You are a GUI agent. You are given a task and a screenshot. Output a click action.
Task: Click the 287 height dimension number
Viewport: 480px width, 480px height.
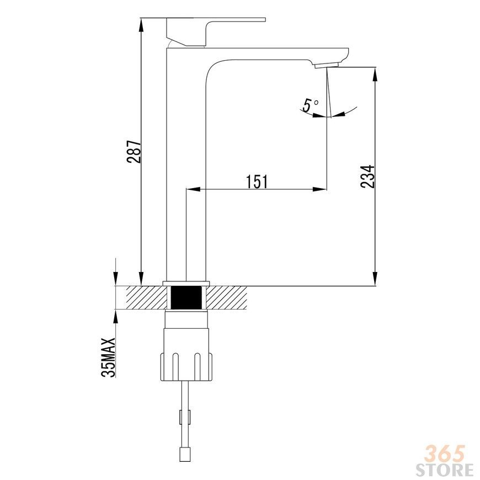point(134,152)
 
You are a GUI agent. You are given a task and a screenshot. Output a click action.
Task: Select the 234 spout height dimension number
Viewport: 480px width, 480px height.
point(367,177)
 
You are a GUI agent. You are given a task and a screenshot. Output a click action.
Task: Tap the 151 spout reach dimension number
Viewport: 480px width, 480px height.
point(257,182)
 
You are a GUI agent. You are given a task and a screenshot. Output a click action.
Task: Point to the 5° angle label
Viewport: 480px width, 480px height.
point(311,105)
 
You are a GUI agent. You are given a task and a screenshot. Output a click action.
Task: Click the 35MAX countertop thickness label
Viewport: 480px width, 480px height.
point(109,358)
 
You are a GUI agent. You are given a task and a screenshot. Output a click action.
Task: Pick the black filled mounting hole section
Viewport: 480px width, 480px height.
point(186,297)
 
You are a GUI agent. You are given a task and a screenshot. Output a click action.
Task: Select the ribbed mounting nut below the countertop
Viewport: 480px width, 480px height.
point(186,367)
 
